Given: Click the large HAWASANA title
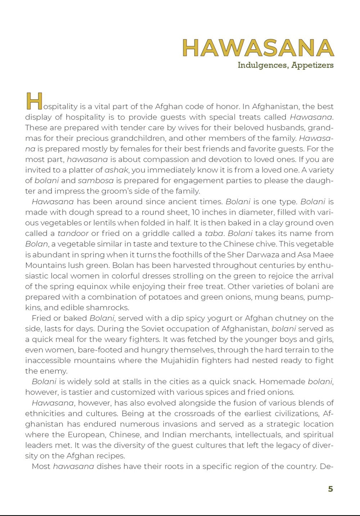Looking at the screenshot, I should tap(258, 48).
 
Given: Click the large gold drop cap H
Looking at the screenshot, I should tap(34, 101).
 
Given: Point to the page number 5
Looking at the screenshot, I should tap(330, 489).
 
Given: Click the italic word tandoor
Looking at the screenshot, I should tap(73, 233).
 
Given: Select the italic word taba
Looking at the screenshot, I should tap(214, 233).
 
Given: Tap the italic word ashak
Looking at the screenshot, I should tap(116, 170).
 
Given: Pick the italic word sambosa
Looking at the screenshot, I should tap(96, 180).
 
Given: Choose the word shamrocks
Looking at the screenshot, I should tap(108, 308).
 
